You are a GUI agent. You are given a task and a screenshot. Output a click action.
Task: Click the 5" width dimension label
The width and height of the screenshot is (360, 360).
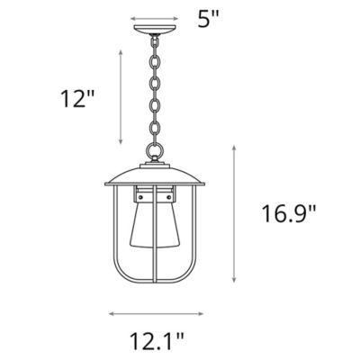pyautogui.click(x=208, y=17)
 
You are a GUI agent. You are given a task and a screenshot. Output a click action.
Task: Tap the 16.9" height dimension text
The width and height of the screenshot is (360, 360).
pyautogui.click(x=290, y=213)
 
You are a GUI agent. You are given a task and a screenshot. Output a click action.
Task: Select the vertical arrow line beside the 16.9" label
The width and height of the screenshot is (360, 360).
pyautogui.click(x=234, y=214)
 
